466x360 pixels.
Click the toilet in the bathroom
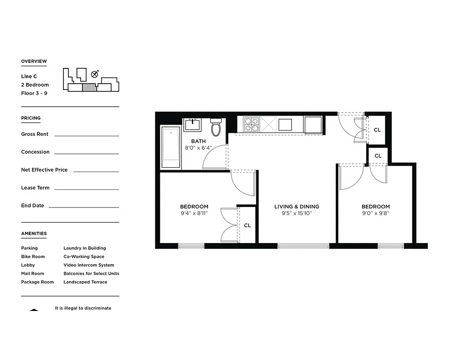click(216, 127)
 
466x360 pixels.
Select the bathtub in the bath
click(171, 148)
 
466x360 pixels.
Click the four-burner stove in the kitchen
click(251, 124)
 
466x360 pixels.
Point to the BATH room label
click(198, 141)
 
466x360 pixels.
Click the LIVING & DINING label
click(296, 207)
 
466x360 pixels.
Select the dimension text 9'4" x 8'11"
click(194, 213)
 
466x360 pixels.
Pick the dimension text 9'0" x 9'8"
click(375, 213)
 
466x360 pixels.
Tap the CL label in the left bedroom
click(247, 225)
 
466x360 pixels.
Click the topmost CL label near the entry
click(377, 130)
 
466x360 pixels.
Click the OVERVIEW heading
click(34, 61)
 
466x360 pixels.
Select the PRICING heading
click(31, 118)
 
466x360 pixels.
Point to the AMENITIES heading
click(34, 234)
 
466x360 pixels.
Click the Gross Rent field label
click(35, 134)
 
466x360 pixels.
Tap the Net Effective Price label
click(44, 170)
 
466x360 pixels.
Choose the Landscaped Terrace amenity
click(85, 282)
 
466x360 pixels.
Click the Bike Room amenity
click(33, 256)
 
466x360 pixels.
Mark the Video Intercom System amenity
click(89, 265)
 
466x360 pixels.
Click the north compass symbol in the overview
click(95, 74)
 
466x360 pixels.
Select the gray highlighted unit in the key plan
click(89, 87)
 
